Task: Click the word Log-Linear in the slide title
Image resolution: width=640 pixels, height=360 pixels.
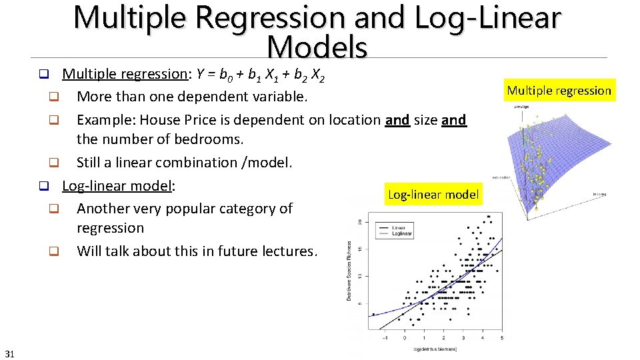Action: pyautogui.click(x=487, y=18)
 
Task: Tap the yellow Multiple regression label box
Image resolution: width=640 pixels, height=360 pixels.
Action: pyautogui.click(x=559, y=91)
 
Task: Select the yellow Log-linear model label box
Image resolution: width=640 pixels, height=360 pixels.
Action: pyautogui.click(x=433, y=195)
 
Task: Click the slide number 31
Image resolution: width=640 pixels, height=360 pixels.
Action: pyautogui.click(x=9, y=353)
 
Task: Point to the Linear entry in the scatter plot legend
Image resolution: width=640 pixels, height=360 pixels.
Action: pyautogui.click(x=398, y=227)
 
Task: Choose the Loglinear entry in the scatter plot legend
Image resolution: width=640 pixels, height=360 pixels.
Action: pyautogui.click(x=401, y=234)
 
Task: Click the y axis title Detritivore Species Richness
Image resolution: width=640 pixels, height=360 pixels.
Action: pyautogui.click(x=349, y=271)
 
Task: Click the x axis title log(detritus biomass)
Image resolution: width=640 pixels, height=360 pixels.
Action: pyautogui.click(x=434, y=348)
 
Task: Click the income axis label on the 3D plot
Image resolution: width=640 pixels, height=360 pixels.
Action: pyautogui.click(x=600, y=195)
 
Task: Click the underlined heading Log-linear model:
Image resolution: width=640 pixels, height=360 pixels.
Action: pyautogui.click(x=118, y=185)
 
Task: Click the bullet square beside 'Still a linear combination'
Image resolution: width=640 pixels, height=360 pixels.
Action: pyautogui.click(x=54, y=163)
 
